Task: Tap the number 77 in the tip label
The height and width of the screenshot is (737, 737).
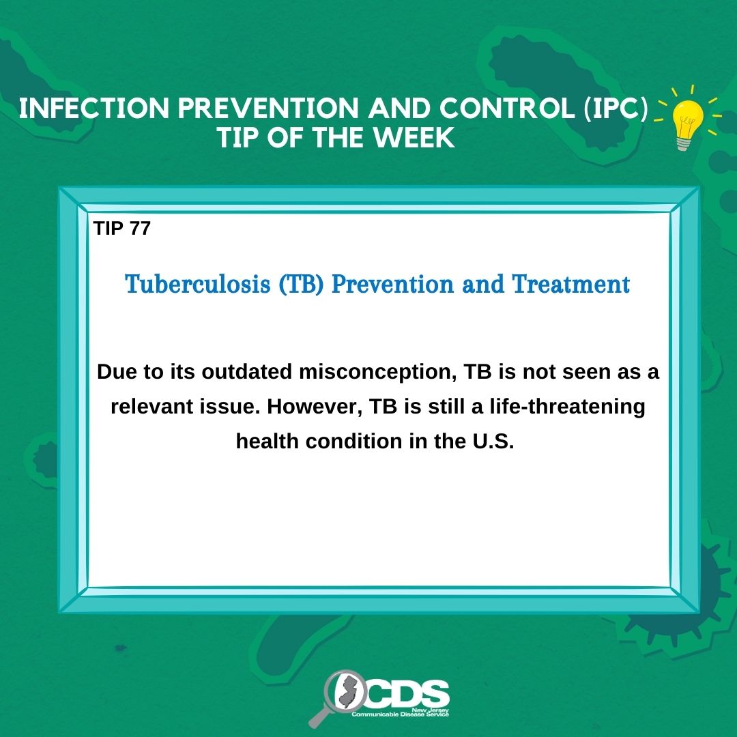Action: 140,229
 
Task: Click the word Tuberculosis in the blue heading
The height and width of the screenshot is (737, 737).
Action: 198,285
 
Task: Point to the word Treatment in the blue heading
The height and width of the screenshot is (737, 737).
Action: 570,285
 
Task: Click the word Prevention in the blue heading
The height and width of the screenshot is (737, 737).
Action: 393,285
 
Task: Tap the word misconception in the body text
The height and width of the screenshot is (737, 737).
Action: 378,373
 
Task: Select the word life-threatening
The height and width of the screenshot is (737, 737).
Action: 567,407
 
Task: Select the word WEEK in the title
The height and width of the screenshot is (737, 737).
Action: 414,138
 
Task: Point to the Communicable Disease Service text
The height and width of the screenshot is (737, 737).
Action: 401,714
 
